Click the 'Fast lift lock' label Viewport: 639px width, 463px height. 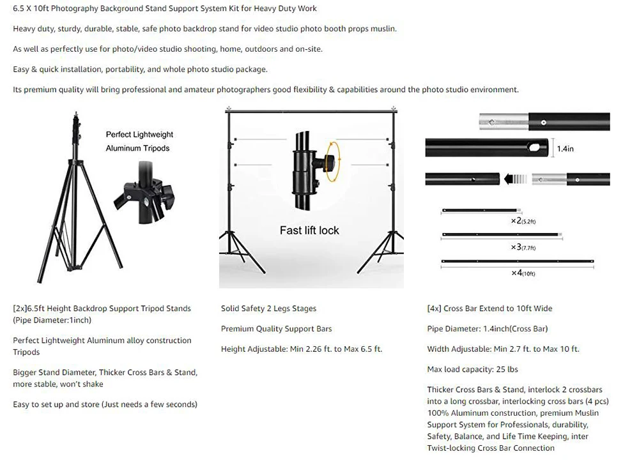click(309, 231)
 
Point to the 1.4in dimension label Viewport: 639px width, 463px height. click(566, 149)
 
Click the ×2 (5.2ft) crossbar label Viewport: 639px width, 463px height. click(523, 221)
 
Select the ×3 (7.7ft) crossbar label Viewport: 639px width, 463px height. click(523, 247)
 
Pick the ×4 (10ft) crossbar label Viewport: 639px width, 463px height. click(523, 273)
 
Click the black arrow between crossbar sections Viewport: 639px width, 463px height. click(516, 179)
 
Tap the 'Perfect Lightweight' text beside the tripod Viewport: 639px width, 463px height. click(139, 135)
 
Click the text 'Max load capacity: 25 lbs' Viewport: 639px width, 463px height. click(472, 369)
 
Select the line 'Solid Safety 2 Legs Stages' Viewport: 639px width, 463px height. click(268, 308)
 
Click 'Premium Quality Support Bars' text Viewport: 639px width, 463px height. click(276, 329)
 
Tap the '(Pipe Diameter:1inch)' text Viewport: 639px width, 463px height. click(52, 321)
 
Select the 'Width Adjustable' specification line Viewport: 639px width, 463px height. click(503, 349)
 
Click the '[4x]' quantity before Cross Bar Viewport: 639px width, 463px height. click(434, 308)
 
